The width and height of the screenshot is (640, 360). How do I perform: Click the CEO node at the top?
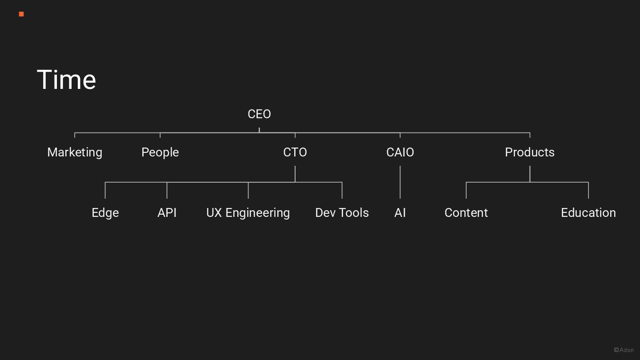click(259, 114)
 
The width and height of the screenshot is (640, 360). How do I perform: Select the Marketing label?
click(75, 152)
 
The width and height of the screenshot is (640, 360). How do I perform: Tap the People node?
click(160, 152)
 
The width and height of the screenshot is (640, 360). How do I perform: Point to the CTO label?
click(295, 152)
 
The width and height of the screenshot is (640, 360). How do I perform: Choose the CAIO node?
click(400, 152)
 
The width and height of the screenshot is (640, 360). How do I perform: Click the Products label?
click(530, 152)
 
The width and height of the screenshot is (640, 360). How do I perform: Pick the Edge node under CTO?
click(105, 213)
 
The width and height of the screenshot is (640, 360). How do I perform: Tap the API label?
click(167, 213)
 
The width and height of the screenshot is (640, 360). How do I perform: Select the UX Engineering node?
click(248, 213)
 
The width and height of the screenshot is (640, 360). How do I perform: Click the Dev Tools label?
click(342, 213)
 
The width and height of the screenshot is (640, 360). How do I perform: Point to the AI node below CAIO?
click(400, 213)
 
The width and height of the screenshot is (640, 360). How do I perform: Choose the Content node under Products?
click(466, 213)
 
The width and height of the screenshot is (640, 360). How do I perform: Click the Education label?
click(588, 213)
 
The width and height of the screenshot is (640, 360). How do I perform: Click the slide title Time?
click(67, 80)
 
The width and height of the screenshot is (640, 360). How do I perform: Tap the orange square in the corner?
click(21, 14)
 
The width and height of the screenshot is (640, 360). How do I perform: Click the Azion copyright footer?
click(624, 350)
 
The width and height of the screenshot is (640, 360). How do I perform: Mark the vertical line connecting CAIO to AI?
click(400, 182)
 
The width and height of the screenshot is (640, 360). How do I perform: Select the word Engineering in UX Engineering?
click(258, 213)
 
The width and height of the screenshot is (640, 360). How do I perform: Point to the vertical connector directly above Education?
click(588, 190)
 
